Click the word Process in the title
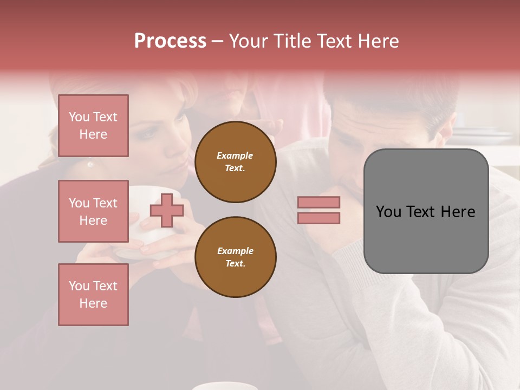[x=170, y=41]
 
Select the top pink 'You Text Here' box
[x=93, y=126]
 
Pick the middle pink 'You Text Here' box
[x=93, y=211]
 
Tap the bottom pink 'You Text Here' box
[x=93, y=295]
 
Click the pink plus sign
[x=167, y=210]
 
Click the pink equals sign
[x=318, y=210]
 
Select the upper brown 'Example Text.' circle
[x=236, y=162]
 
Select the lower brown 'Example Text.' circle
[x=236, y=257]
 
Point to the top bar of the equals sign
[x=318, y=203]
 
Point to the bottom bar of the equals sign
[x=318, y=218]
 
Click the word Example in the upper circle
[x=235, y=155]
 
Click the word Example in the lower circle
[x=235, y=251]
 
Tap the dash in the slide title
[x=217, y=42]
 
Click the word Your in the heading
[x=248, y=41]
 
